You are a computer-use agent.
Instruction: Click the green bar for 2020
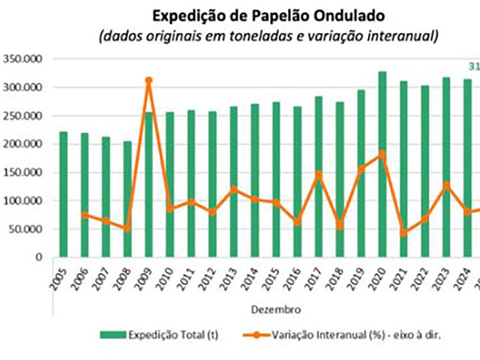tap(382, 164)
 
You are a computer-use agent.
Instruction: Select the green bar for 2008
tap(127, 199)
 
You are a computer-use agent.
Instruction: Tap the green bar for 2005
tap(64, 194)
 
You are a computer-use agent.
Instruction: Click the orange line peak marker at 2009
tap(148, 80)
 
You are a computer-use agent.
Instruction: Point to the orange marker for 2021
tap(403, 232)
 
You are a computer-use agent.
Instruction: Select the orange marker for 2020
tap(382, 154)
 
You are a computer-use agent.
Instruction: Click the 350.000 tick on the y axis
tap(23, 59)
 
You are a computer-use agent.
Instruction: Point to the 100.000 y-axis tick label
tap(23, 201)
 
